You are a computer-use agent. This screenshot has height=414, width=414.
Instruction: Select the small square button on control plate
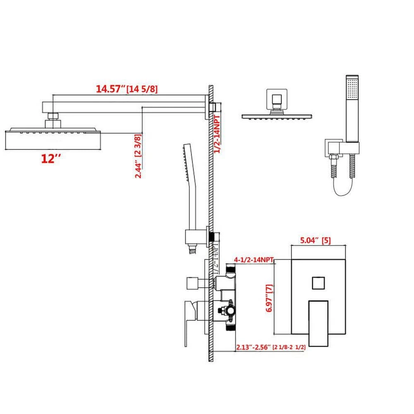(x=318, y=284)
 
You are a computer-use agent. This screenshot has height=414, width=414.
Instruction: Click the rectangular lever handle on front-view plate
(x=318, y=316)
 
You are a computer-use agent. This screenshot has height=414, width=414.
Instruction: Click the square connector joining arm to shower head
(x=53, y=118)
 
